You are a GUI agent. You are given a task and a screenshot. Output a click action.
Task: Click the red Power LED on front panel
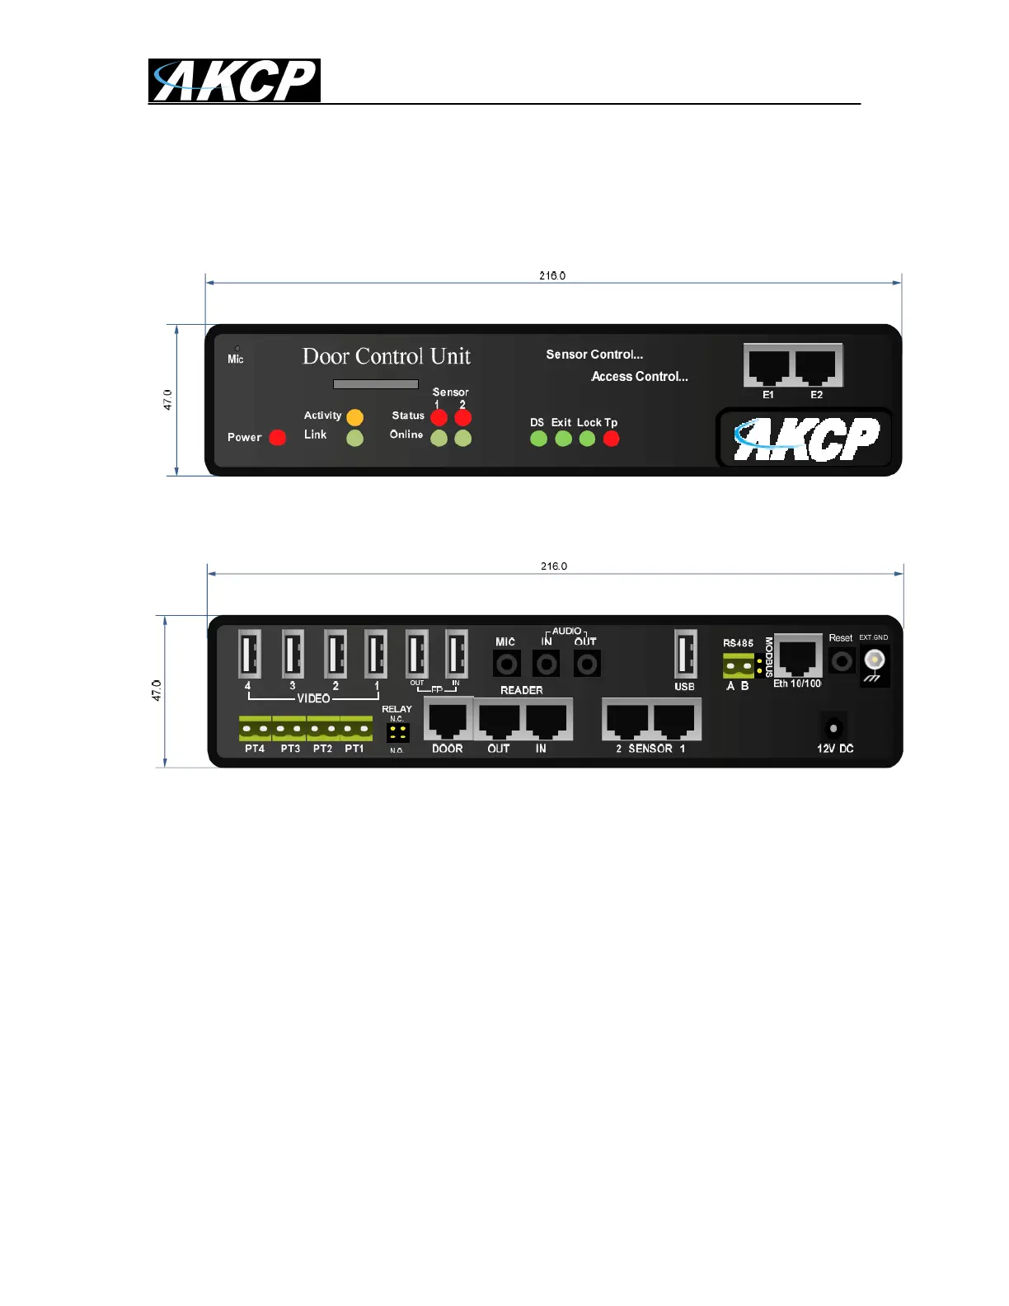click(x=278, y=437)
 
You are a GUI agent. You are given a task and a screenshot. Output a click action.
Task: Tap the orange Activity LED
click(x=354, y=417)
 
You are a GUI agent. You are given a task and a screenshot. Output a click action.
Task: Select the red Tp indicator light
click(x=611, y=439)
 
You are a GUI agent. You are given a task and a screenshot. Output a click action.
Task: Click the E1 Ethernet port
click(x=768, y=366)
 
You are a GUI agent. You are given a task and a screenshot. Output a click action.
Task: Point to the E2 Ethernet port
click(x=817, y=366)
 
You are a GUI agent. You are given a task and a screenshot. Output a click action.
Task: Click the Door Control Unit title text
click(x=386, y=356)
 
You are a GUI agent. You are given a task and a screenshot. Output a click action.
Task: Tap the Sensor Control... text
click(x=594, y=355)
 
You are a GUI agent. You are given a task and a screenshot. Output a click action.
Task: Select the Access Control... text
click(x=640, y=377)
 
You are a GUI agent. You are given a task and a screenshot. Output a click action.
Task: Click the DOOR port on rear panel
click(x=448, y=721)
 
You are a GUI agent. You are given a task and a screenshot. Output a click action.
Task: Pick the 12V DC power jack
click(x=833, y=728)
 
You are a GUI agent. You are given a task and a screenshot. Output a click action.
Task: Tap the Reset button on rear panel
click(x=842, y=661)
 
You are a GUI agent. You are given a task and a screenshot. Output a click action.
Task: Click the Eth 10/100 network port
click(x=798, y=656)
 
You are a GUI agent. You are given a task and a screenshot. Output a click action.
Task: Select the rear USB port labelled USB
click(x=685, y=654)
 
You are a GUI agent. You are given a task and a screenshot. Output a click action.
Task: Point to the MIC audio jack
click(x=506, y=664)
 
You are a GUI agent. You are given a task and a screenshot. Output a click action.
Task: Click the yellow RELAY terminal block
click(x=397, y=732)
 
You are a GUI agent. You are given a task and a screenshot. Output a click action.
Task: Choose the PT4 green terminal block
click(x=255, y=729)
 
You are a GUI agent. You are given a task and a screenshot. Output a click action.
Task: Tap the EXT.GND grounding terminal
click(x=874, y=661)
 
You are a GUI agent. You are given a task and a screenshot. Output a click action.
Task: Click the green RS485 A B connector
click(x=739, y=665)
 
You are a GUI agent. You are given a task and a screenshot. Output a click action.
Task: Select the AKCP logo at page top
click(x=234, y=81)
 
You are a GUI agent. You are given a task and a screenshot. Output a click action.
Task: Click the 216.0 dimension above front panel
click(x=552, y=276)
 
